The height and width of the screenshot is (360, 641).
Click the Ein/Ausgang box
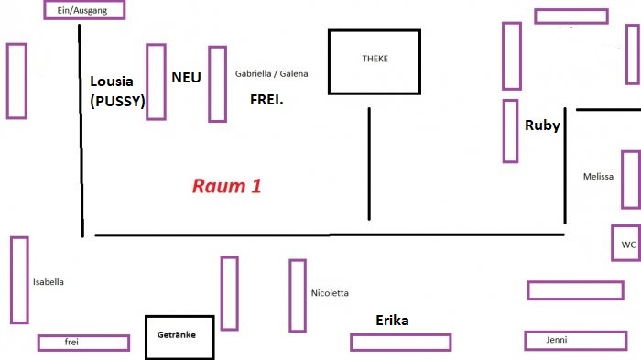coord(83,10)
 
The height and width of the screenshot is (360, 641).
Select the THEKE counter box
coord(375,61)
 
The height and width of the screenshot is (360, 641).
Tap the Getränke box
coord(183,336)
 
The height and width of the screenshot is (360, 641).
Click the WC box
coord(627,244)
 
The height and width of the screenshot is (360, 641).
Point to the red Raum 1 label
coord(226,186)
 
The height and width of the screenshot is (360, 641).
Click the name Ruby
coord(542,126)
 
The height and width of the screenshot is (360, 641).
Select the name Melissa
coord(598,177)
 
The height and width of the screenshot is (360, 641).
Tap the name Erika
coord(392,321)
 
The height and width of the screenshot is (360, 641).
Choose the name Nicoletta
coord(330,293)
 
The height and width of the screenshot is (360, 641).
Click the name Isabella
coord(48,282)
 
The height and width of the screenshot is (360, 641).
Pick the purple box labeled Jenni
coord(562,341)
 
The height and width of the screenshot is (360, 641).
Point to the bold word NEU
coord(185,78)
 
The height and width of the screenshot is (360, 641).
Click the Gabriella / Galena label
coord(272,73)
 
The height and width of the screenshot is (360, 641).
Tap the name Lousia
coord(112,81)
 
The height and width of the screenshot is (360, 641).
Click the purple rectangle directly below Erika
coord(400,343)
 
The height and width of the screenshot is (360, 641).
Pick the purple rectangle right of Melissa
coord(631,180)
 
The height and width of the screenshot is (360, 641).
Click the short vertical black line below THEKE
coord(369,163)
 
